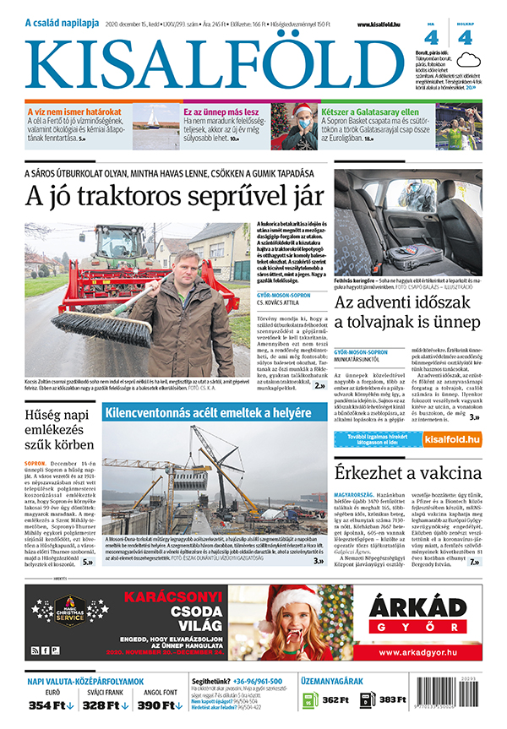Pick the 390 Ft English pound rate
coord(161,705)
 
